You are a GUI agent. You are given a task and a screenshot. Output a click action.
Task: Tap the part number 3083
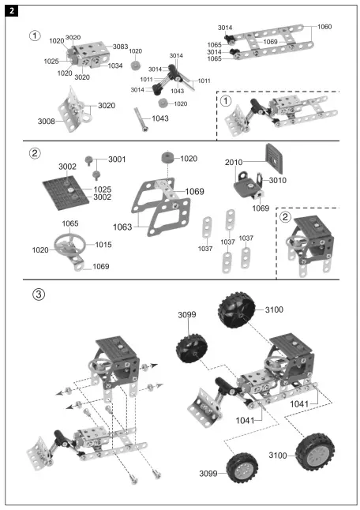pos(120,47)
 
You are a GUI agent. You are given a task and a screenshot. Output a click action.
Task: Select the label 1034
pos(115,66)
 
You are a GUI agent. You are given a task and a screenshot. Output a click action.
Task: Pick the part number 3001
pos(117,159)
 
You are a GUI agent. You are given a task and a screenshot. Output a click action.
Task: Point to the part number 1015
pos(102,245)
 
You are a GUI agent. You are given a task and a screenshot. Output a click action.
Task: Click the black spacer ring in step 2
pos(166,159)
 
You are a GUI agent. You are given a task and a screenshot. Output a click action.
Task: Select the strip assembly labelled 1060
pos(268,42)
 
